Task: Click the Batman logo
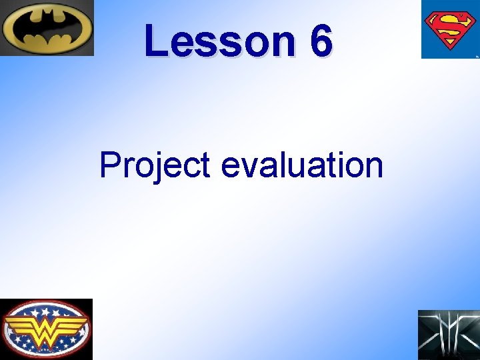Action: pos(47,28)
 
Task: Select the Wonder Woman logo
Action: pos(46,329)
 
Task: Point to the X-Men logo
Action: pos(448,335)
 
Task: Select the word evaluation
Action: pos(302,165)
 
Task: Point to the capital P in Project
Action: pos(109,165)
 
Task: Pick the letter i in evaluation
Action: pos(339,165)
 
